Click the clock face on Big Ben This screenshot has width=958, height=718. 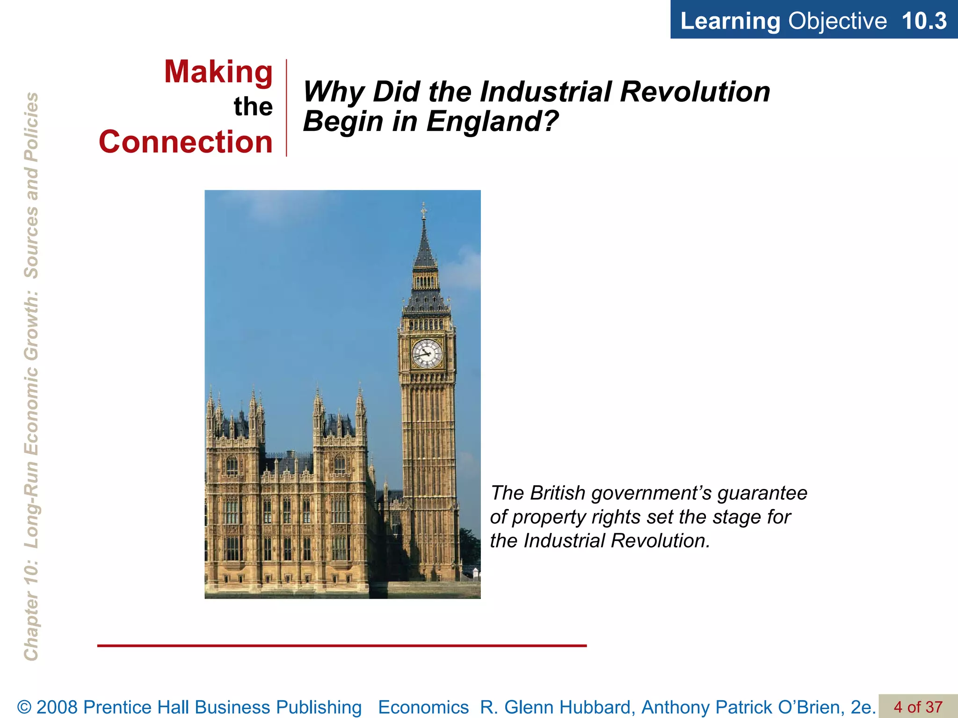click(427, 353)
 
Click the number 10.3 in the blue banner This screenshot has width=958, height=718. click(924, 21)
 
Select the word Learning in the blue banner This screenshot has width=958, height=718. click(730, 21)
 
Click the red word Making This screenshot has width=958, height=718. click(218, 72)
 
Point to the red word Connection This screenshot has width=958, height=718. click(186, 142)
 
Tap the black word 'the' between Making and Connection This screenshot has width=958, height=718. click(253, 107)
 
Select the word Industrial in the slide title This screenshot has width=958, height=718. click(545, 92)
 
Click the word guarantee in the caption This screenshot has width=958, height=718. click(762, 493)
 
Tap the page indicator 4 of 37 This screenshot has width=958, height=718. click(918, 707)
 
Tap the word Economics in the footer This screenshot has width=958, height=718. click(423, 707)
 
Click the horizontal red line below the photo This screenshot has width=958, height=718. click(341, 646)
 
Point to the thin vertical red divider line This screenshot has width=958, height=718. click(286, 108)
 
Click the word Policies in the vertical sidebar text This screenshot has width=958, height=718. click(31, 126)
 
